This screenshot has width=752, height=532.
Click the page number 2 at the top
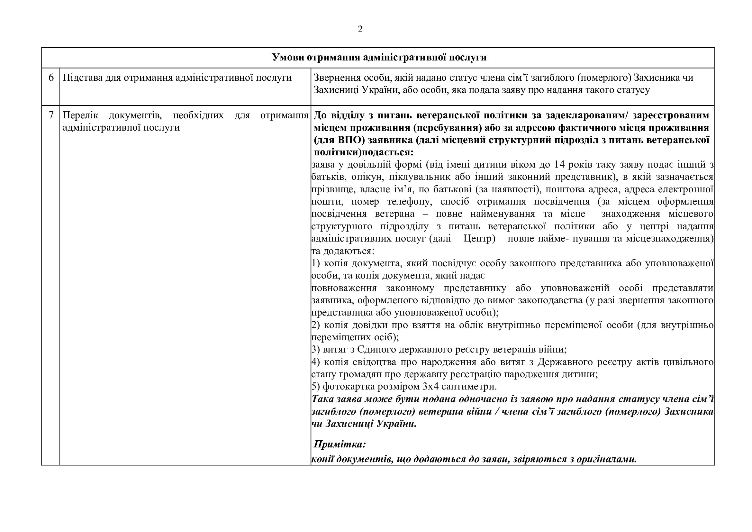[360, 30]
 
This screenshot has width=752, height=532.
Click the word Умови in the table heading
[288, 58]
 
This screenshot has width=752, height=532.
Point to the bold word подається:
[388, 153]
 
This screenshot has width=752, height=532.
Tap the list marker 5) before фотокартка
[315, 387]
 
